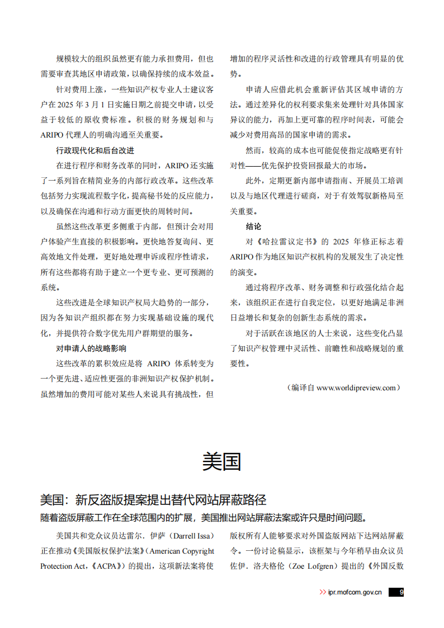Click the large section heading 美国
coord(221,462)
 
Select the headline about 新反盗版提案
coord(153,499)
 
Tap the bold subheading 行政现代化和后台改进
coord(95,150)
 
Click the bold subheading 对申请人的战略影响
coord(91,348)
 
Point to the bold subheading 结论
coord(253,226)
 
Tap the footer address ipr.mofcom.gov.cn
coord(355,592)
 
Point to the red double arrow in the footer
coord(323,592)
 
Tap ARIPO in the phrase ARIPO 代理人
coord(53,135)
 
